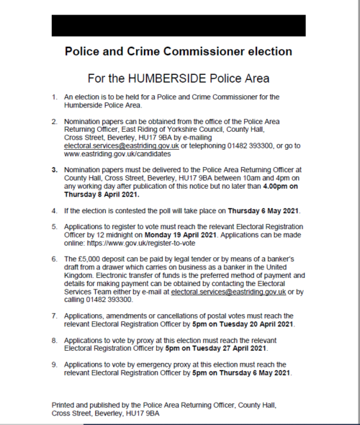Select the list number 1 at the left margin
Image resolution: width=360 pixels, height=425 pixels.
(x=54, y=97)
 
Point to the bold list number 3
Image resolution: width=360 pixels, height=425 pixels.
(x=54, y=168)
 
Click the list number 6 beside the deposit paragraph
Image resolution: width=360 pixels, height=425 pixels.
(x=54, y=258)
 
